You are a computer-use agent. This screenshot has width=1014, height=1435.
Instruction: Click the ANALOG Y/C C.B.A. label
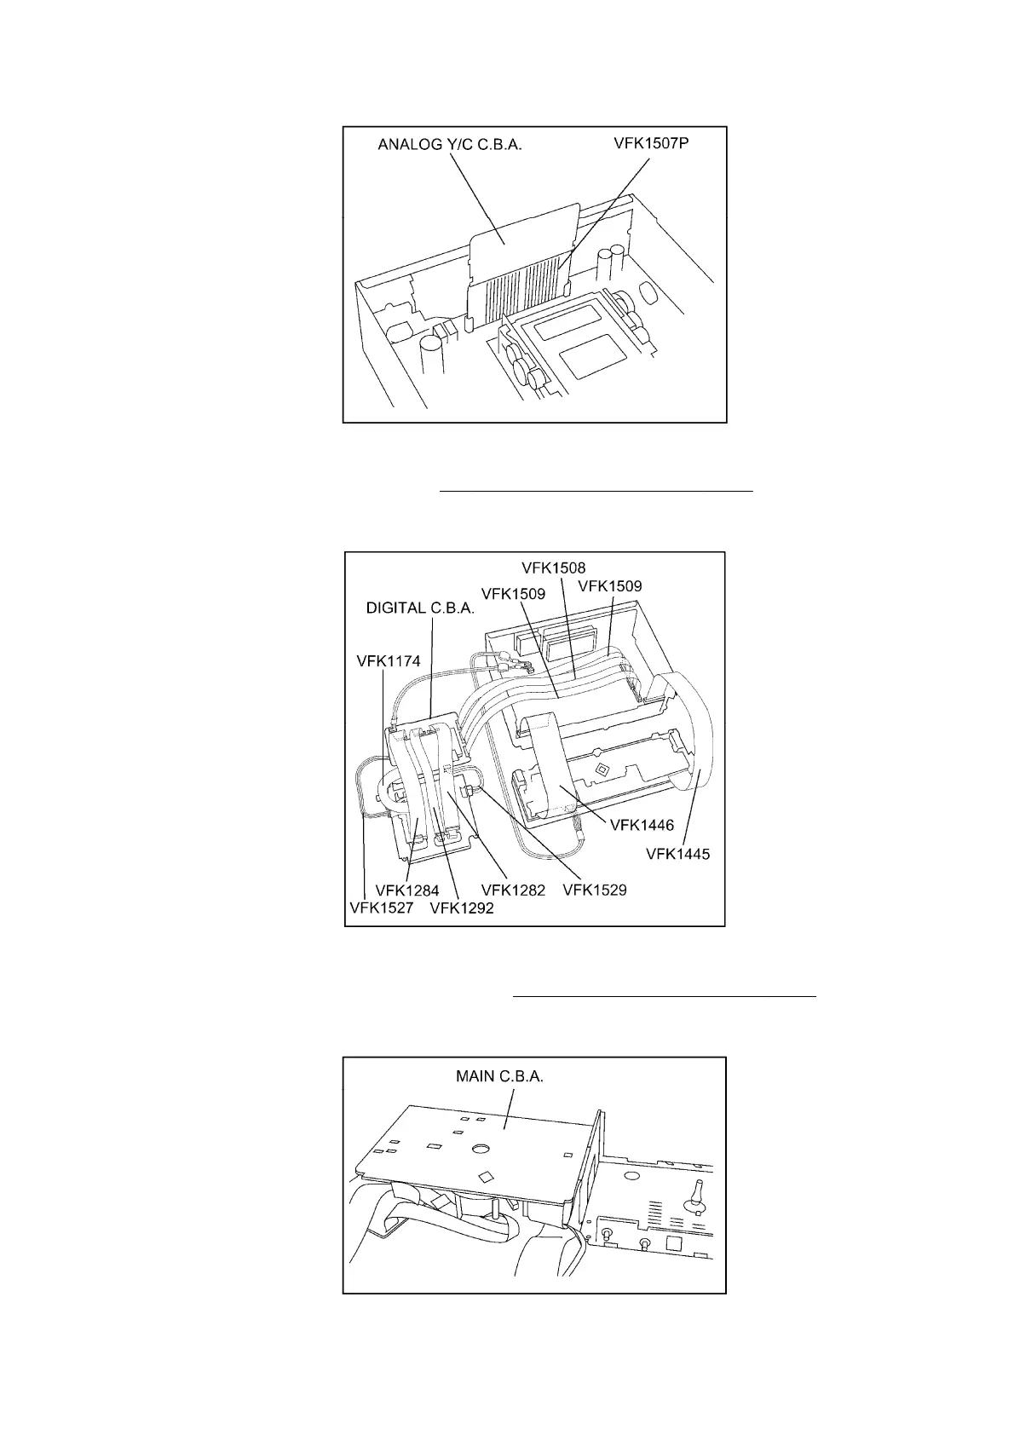pos(449,146)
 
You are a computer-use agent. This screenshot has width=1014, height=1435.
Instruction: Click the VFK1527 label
pos(381,908)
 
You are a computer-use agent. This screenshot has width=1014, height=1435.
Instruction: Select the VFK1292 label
pos(462,908)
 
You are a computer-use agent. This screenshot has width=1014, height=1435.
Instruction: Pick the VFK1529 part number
pos(595,890)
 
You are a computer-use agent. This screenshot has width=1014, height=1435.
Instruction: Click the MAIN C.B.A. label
pos(499,1076)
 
